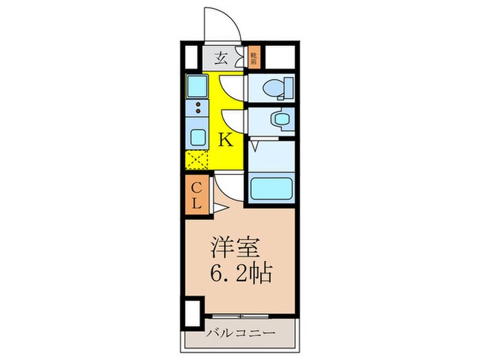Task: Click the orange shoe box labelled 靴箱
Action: click(254, 58)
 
